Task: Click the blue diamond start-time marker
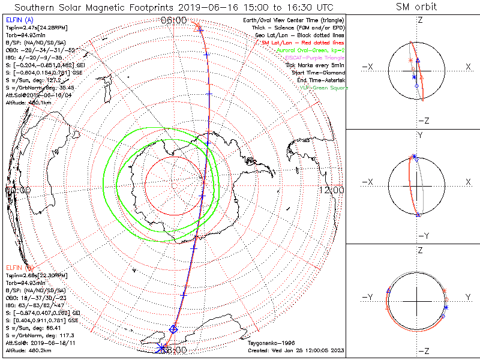tap(173, 328)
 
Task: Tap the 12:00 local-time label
tap(332, 190)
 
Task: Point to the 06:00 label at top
tap(174, 21)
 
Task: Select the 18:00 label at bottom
tap(174, 349)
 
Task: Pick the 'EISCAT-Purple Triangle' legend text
tap(316, 58)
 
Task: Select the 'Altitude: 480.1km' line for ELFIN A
tap(27, 101)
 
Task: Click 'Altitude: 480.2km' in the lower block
tap(27, 349)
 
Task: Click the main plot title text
tap(174, 7)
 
